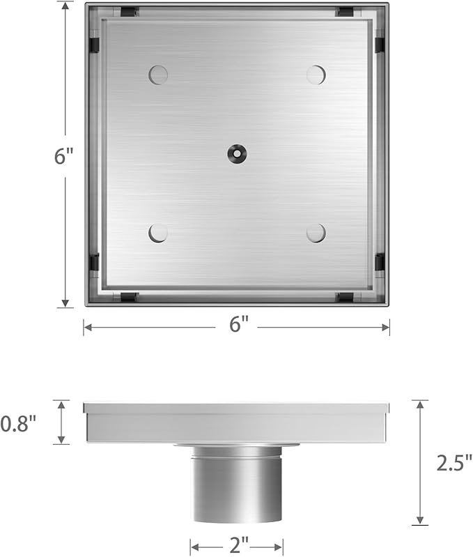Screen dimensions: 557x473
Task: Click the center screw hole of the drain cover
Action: click(x=238, y=153)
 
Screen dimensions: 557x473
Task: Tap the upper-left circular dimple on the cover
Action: click(x=158, y=75)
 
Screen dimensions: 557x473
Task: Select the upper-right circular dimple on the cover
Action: click(x=316, y=75)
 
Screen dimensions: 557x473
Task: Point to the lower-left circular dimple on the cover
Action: click(x=158, y=233)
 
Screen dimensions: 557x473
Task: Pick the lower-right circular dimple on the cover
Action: click(x=316, y=233)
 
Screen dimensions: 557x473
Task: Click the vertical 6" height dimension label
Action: click(x=64, y=156)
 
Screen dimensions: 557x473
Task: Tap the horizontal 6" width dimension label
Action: click(x=239, y=325)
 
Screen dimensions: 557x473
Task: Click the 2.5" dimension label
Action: click(x=454, y=462)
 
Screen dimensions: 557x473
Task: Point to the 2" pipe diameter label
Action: click(x=238, y=545)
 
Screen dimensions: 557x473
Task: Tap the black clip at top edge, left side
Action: click(x=129, y=11)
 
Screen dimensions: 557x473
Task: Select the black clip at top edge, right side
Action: click(x=345, y=11)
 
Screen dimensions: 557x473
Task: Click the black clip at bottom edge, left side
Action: click(x=129, y=298)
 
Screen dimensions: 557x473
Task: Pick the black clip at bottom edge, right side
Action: click(x=345, y=298)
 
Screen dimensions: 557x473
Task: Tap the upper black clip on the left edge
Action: click(x=94, y=45)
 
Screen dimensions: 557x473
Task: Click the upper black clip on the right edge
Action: click(x=380, y=45)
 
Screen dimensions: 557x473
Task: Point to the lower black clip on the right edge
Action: click(x=380, y=262)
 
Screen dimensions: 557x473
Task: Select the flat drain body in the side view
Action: click(x=237, y=422)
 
